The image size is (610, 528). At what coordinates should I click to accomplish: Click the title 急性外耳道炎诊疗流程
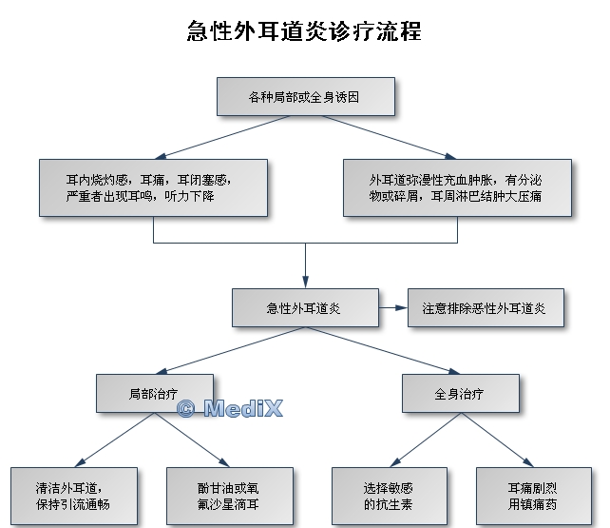point(304,31)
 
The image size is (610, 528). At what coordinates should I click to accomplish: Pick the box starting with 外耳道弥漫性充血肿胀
point(457,186)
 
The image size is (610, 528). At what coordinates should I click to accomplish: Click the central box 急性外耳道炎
point(304,308)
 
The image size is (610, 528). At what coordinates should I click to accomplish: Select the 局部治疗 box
point(154,393)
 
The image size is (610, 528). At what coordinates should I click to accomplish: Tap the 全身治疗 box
point(461,393)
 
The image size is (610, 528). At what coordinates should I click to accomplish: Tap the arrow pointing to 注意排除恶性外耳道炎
point(391,308)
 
